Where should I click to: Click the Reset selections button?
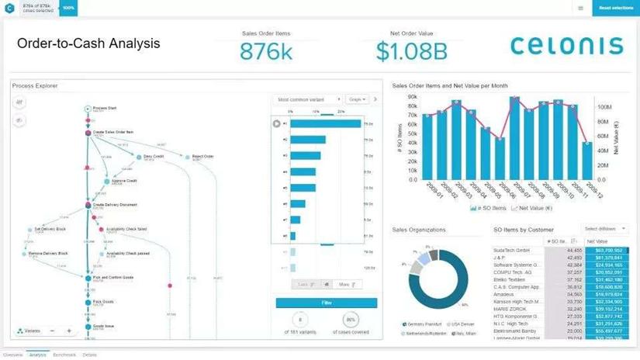coord(615,8)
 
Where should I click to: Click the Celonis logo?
coord(566,46)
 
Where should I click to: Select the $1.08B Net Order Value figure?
coord(411,51)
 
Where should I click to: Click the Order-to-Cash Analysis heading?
coord(88,43)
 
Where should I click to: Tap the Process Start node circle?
coord(87,109)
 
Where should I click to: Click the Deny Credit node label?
coord(154,157)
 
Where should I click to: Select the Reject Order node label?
coord(202,157)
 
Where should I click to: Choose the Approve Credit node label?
coord(123,181)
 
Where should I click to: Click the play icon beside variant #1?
coord(277,123)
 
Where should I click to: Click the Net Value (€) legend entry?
coord(534,208)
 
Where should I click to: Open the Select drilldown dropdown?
coord(602,230)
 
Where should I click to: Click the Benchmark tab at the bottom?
coord(64,355)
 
